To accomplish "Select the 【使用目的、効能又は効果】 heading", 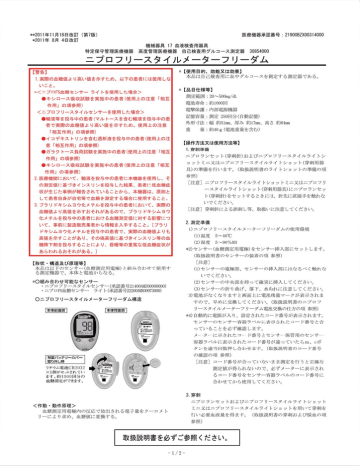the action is click(230, 73).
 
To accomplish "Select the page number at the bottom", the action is click(180, 457).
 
